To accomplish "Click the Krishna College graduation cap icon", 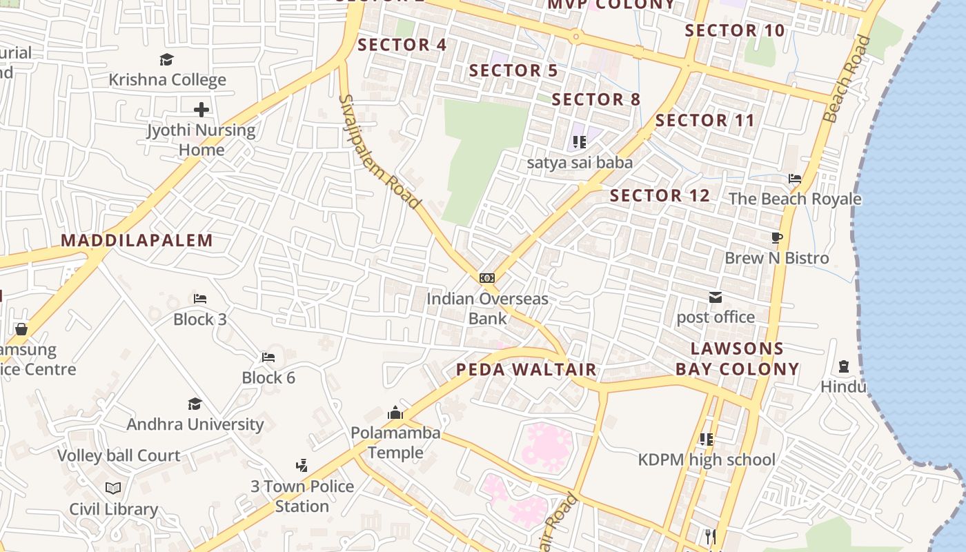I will click(166, 59).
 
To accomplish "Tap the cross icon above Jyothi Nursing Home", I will click(201, 109).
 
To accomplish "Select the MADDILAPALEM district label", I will click(137, 240).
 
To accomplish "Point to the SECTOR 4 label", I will click(402, 45).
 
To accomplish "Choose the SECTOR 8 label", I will click(596, 99).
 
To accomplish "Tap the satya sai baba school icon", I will click(580, 142).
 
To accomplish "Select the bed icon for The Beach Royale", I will click(795, 179).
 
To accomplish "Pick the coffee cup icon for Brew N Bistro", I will click(777, 238).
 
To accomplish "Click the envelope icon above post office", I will click(716, 297).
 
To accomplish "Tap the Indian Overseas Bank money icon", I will click(487, 278).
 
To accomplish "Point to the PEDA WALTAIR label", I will click(526, 369).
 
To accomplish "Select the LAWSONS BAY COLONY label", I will click(737, 359).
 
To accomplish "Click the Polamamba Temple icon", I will click(395, 413).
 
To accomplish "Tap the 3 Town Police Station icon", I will click(302, 466).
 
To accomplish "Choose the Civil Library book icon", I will click(113, 489).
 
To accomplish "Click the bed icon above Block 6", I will click(268, 357).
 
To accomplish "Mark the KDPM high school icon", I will click(706, 439).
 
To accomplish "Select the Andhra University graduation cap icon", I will click(195, 404).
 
